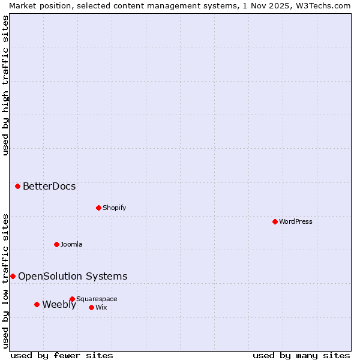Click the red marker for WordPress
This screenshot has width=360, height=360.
point(275,221)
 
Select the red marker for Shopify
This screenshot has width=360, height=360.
point(98,208)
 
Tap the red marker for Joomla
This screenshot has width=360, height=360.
point(56,244)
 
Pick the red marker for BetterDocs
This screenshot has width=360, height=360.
point(17,186)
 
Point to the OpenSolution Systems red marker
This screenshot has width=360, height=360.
point(13,276)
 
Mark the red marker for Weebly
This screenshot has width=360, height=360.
point(37,304)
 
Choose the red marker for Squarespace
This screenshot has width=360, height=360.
point(72,299)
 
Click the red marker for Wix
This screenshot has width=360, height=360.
point(91,307)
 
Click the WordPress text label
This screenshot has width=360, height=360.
point(296,221)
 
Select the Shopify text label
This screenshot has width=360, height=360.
point(114,208)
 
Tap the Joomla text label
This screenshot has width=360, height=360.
point(71,244)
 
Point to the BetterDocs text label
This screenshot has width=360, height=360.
point(49,186)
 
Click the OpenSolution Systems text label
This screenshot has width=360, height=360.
point(73,276)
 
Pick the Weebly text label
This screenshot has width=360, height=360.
point(59,304)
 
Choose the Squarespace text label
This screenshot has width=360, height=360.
point(97,299)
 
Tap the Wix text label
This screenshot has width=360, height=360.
point(101,307)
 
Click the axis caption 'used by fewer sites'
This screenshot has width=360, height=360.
point(62,355)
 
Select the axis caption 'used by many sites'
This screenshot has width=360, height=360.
point(301,355)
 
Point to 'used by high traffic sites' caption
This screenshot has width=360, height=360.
point(6,85)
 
